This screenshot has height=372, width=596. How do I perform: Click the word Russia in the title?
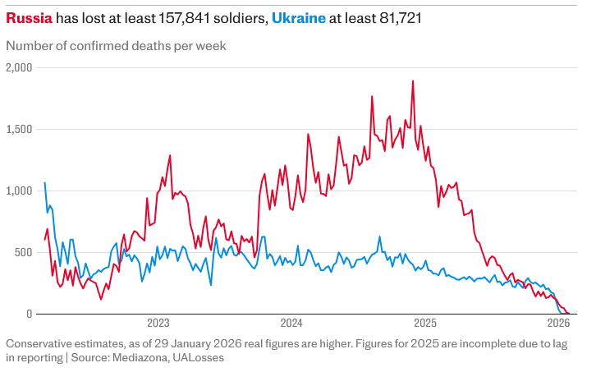(29, 17)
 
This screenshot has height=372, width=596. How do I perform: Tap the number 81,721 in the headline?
(397, 17)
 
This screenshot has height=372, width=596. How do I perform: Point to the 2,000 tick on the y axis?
(18, 67)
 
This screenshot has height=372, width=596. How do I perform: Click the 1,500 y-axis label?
(18, 129)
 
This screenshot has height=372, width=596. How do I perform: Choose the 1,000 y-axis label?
(18, 191)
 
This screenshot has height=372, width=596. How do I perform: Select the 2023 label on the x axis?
(158, 324)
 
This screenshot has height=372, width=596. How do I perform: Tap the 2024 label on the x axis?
(291, 324)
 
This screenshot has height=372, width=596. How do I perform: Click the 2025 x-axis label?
(425, 324)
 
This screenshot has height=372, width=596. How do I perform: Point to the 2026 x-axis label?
(559, 324)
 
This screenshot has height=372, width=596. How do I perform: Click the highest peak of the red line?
(412, 80)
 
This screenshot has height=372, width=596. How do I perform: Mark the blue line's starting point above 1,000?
(44, 182)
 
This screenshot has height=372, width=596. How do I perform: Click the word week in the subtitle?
(210, 46)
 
